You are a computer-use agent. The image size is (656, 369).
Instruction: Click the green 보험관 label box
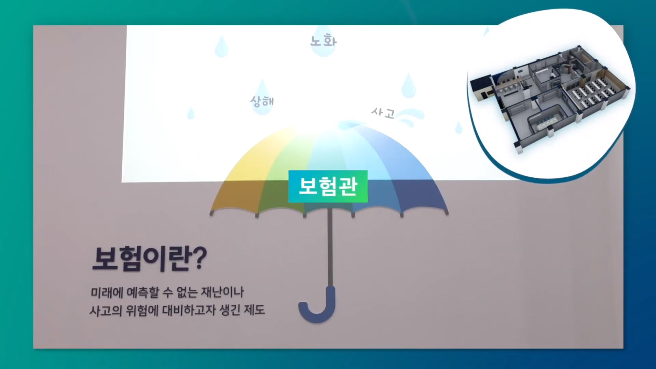click(x=328, y=186)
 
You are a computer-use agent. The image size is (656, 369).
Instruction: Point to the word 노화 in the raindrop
click(x=323, y=41)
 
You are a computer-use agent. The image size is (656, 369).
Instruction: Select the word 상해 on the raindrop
click(x=262, y=101)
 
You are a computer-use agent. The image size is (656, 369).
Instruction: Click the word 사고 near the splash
click(x=383, y=112)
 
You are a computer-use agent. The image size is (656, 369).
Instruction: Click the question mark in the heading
click(x=199, y=258)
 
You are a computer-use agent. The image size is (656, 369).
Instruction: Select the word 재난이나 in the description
click(x=222, y=292)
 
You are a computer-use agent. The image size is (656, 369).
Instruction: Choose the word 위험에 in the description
click(x=142, y=311)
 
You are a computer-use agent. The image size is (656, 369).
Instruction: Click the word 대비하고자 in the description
click(x=189, y=310)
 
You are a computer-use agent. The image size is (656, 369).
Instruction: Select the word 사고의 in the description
click(x=106, y=311)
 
